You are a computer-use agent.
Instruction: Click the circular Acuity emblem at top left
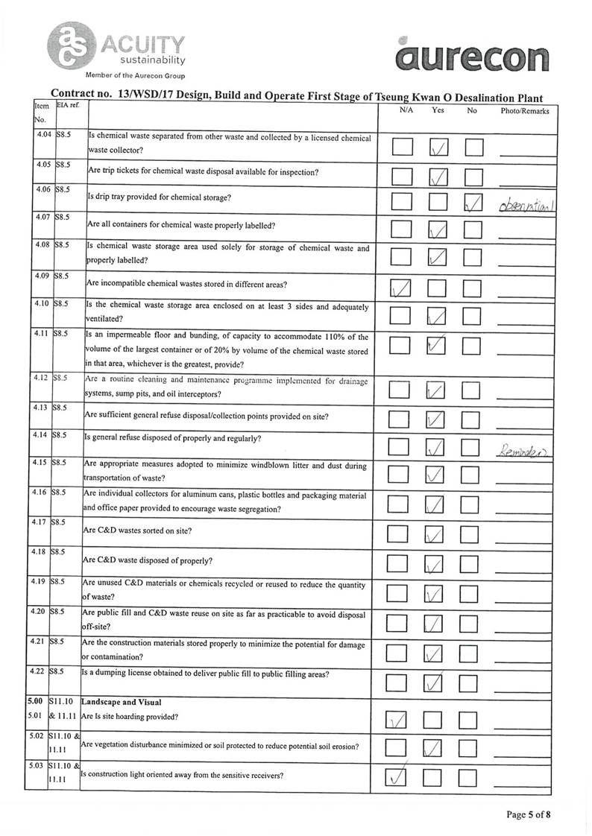pos(70,44)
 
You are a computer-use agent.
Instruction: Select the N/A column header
pos(406,111)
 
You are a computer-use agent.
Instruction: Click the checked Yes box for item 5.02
pos(437,748)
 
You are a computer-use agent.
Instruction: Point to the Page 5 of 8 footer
pos(529,814)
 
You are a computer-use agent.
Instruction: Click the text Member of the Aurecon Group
pos(135,76)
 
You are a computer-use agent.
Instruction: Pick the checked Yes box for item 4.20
pos(437,624)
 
